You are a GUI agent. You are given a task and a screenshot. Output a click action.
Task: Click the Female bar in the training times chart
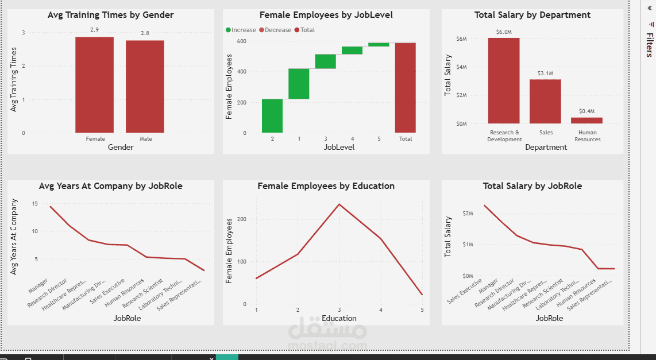[x=94, y=85]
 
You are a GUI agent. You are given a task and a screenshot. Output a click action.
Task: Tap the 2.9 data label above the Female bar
[x=94, y=29]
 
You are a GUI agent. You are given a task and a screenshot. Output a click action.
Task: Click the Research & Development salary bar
[x=504, y=80]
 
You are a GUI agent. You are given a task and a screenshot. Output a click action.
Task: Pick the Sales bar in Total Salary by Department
[x=545, y=101]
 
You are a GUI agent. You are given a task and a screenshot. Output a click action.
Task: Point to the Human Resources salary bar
[x=586, y=121]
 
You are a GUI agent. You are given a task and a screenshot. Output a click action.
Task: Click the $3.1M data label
[x=545, y=73]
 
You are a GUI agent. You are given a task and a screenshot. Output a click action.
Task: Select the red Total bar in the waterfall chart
[x=405, y=88]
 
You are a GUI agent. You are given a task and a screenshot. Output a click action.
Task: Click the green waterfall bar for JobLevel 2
[x=272, y=116]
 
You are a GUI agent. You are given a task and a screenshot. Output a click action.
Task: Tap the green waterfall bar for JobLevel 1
[x=299, y=84]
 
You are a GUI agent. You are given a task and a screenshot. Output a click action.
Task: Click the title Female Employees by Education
[x=326, y=186]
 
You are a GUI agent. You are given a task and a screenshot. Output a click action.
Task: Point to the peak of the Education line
[x=339, y=204]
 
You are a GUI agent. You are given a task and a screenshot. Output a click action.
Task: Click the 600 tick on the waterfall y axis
[x=241, y=41]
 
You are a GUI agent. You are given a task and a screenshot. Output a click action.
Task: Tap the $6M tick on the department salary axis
[x=461, y=38]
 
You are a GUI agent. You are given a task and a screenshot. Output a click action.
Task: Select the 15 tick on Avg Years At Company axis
[x=35, y=204]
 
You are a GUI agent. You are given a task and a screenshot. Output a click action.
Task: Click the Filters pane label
[x=649, y=45]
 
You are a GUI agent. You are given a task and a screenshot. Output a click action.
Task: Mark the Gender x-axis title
[x=121, y=148]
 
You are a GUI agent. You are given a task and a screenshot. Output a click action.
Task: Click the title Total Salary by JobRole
[x=532, y=186]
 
